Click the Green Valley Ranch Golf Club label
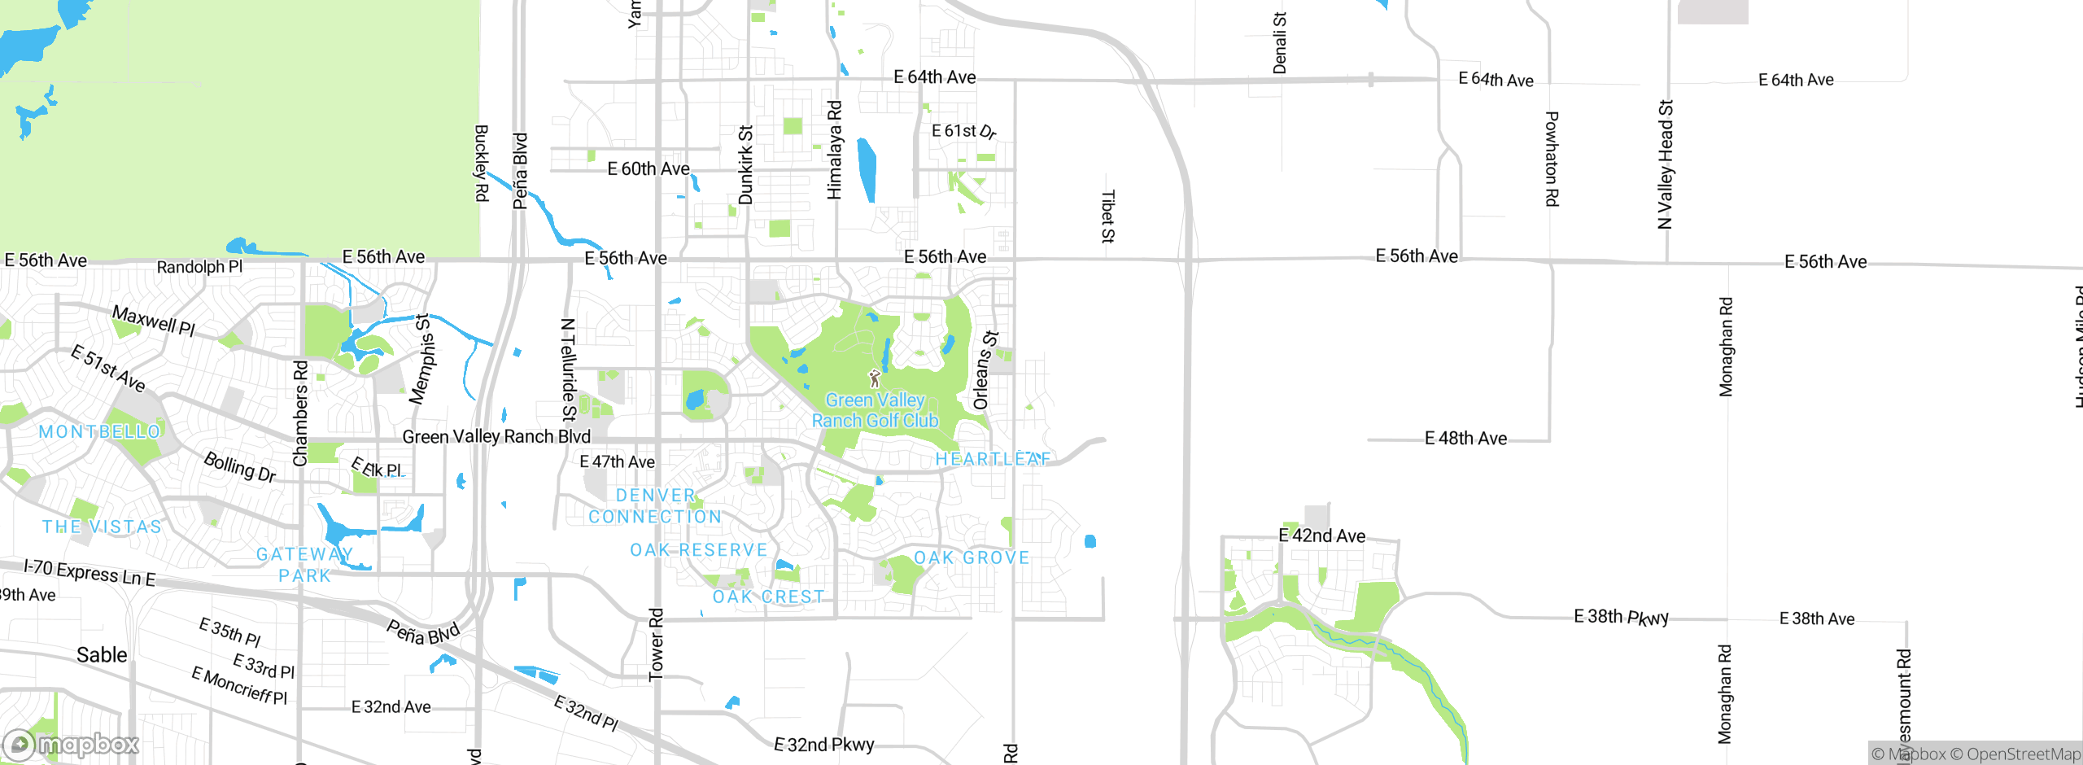[875, 410]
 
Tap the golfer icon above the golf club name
[875, 378]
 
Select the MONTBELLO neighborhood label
[99, 431]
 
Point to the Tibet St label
[1107, 216]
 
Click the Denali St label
[1280, 43]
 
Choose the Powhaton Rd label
[1552, 159]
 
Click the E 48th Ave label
[1465, 439]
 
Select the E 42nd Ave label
[1321, 535]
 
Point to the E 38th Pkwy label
[1621, 617]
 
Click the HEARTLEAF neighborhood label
[993, 459]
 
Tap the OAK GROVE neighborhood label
[972, 557]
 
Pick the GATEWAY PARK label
[305, 565]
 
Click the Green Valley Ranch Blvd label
[496, 437]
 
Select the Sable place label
[102, 655]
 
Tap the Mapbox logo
[72, 744]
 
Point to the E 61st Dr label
[963, 131]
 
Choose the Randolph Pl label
[199, 267]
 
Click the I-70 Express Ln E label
[90, 572]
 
